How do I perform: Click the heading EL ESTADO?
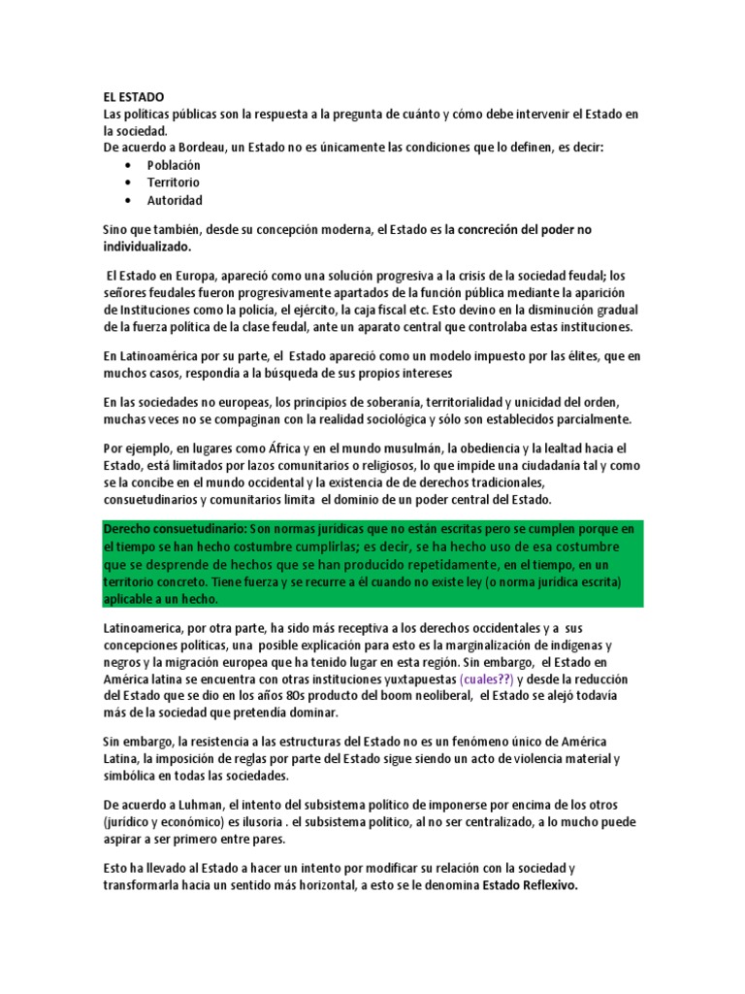134,97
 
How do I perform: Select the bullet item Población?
174,165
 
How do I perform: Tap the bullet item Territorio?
173,182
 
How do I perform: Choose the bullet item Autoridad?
175,200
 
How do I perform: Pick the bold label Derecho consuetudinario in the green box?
175,529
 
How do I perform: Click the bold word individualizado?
151,248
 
